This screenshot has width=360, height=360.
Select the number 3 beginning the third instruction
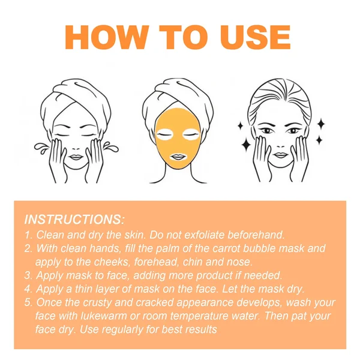(x=28, y=275)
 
